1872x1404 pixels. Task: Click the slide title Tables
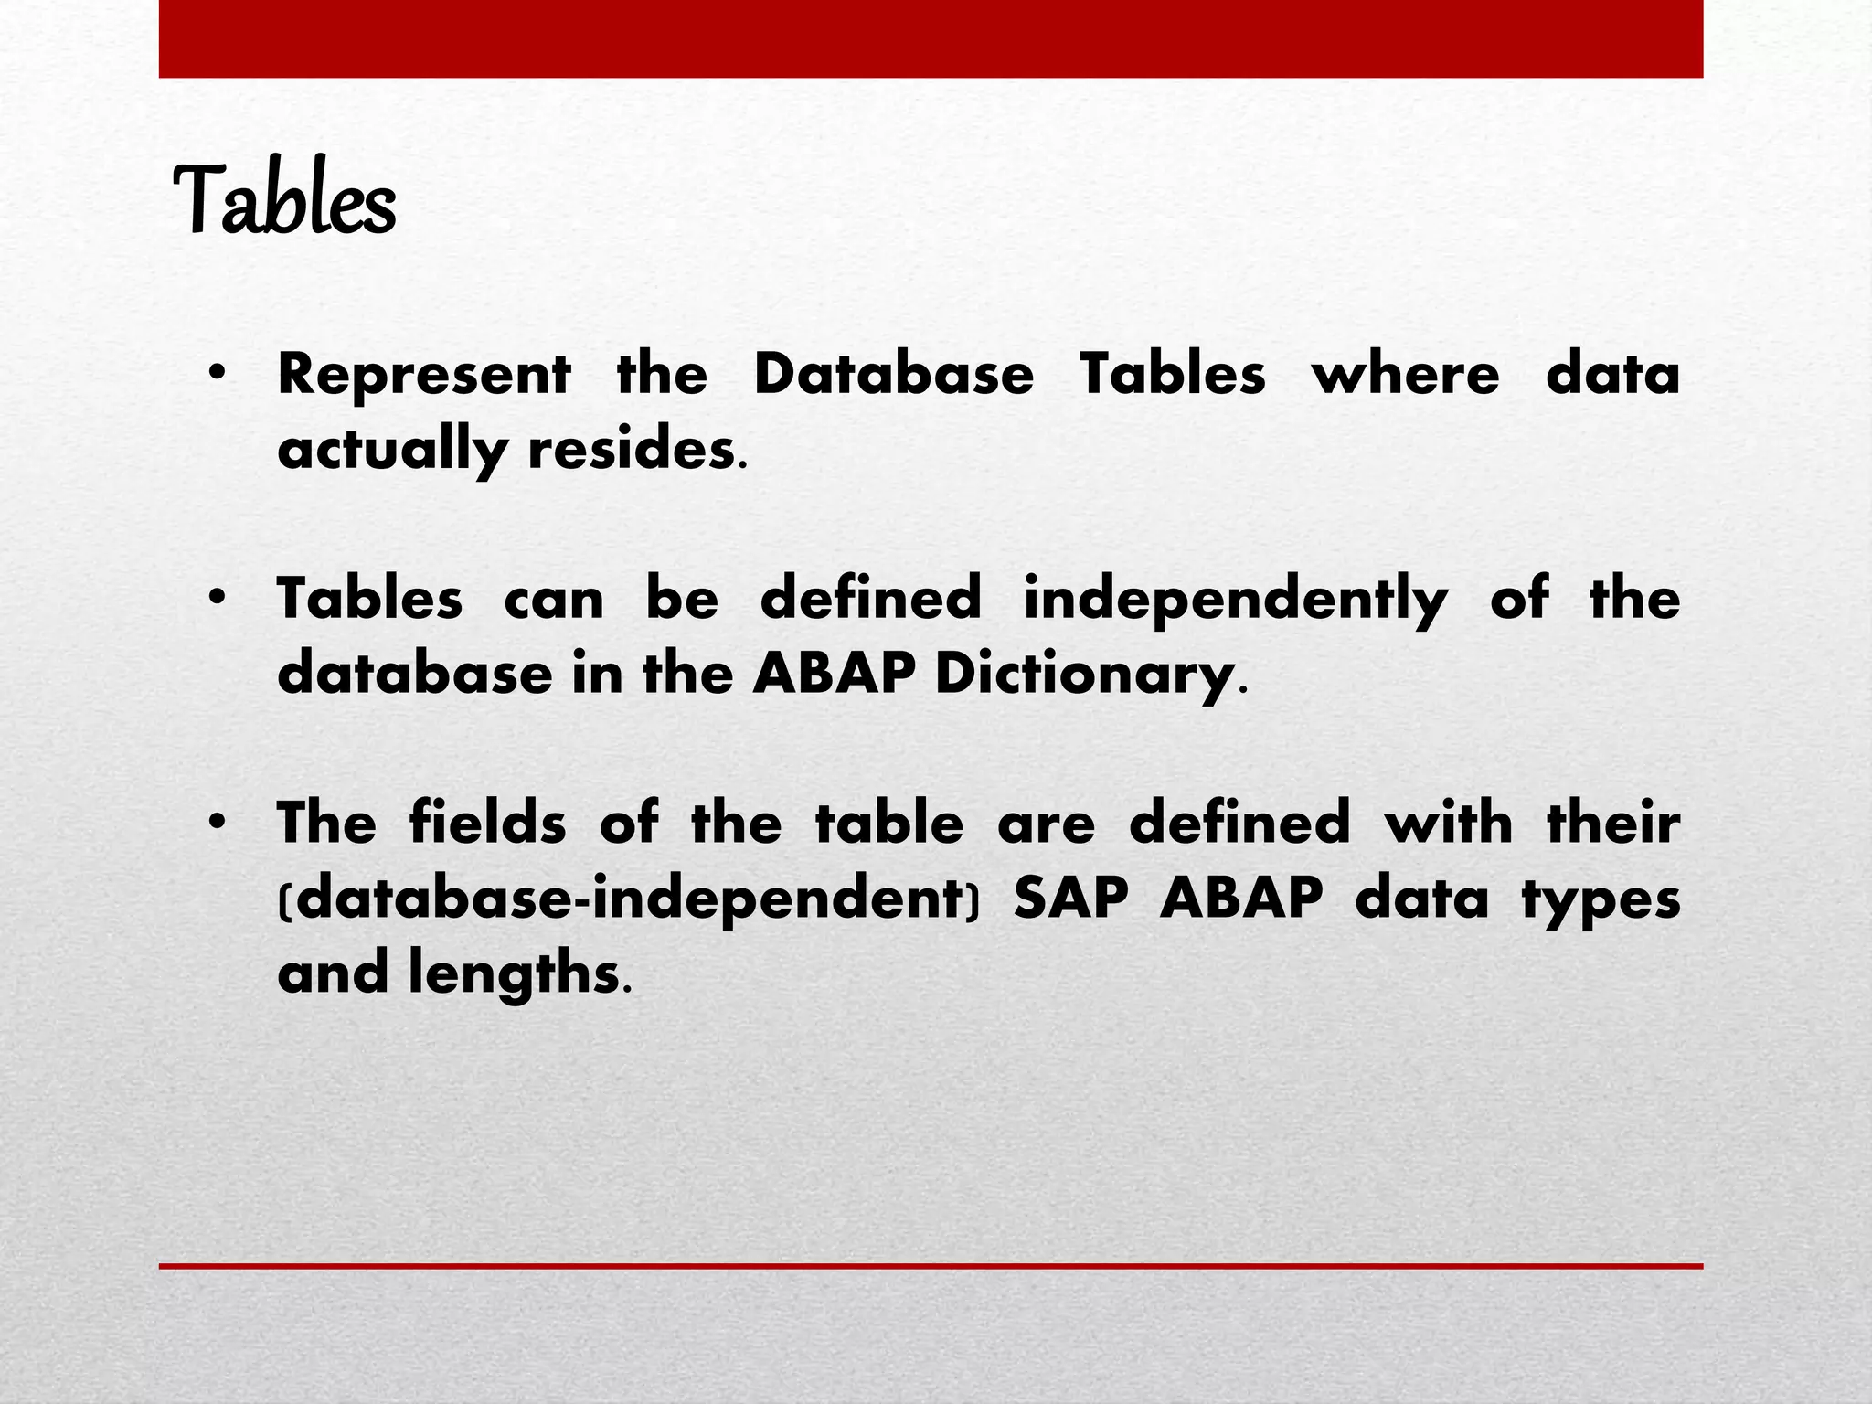[284, 200]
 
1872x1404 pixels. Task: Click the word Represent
[424, 375]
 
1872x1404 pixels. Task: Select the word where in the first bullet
[1406, 375]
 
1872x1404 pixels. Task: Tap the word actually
[392, 451]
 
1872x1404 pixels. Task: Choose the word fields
[487, 823]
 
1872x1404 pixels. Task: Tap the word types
[1601, 900]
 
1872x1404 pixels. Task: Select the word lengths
[516, 973]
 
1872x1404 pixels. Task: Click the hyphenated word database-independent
[628, 899]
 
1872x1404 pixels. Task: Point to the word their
[1613, 823]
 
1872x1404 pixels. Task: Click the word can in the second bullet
[554, 601]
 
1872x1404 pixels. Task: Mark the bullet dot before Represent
[217, 375]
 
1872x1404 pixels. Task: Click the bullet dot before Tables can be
[217, 600]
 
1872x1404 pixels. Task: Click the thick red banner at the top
[931, 38]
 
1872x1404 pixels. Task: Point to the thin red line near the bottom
[931, 1266]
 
